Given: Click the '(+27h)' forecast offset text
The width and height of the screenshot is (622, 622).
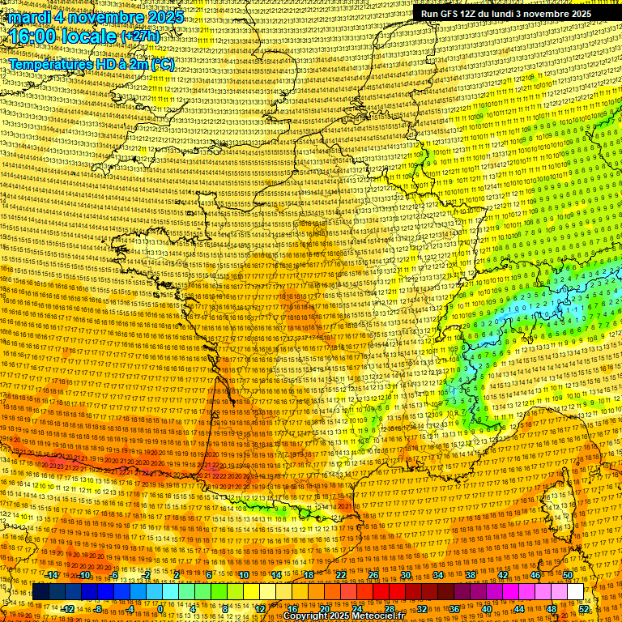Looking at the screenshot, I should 141,37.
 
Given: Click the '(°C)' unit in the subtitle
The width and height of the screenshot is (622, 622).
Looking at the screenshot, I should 160,63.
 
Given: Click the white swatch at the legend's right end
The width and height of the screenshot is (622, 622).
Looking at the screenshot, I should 575,592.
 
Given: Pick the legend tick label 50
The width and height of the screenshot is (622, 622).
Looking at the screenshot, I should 567,575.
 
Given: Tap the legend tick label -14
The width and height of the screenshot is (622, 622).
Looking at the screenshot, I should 52,575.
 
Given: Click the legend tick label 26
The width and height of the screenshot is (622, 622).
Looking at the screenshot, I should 373,575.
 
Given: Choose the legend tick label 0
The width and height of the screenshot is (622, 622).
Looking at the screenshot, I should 160,608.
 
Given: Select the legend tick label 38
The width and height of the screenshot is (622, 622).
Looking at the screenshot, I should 470,575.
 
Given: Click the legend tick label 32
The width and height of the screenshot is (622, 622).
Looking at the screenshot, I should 421,608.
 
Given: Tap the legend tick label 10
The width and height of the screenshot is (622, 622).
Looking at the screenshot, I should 244,575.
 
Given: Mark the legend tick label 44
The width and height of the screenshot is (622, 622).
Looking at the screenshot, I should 518,608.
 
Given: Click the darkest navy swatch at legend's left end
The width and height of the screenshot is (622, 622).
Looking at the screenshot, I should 40,592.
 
